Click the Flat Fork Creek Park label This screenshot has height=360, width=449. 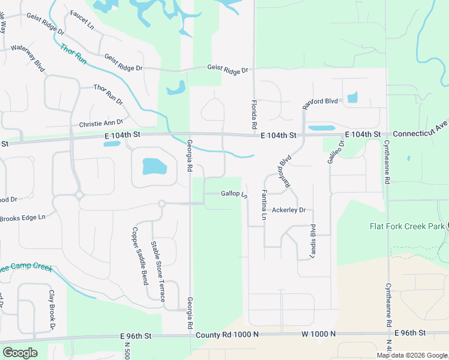[x=406, y=226]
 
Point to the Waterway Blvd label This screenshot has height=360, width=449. [x=28, y=56]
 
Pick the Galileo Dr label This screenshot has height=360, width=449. [x=336, y=151]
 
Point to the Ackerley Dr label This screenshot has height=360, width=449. [x=289, y=210]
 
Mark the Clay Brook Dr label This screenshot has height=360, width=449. [x=52, y=310]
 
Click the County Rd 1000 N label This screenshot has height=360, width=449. [x=227, y=333]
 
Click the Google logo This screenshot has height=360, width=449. [x=20, y=352]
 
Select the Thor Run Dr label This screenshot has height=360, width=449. [x=108, y=95]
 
